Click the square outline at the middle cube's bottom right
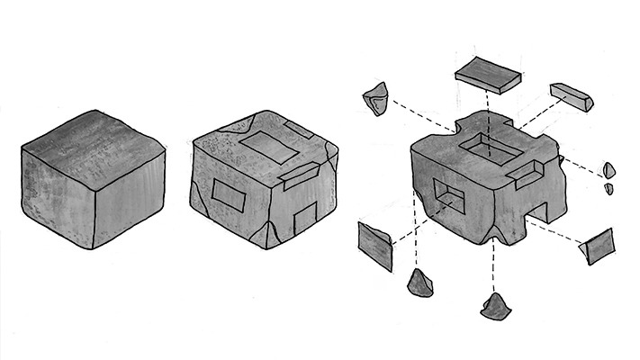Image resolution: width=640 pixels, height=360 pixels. click(x=306, y=218)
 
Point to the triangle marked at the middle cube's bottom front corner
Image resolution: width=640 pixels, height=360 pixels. click(x=266, y=236)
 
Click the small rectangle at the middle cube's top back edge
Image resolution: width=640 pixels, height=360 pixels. click(x=297, y=125)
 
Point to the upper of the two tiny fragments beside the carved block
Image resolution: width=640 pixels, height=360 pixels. click(x=609, y=169)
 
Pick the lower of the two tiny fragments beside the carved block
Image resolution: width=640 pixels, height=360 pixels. click(x=608, y=188)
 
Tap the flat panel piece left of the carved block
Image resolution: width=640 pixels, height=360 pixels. click(x=375, y=245)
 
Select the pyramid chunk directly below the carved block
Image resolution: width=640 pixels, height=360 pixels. click(x=495, y=306)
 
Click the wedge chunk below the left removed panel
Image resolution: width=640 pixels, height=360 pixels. click(x=419, y=284)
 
